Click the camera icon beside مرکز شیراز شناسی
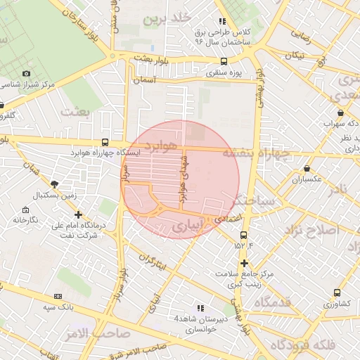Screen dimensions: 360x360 pos(27,73)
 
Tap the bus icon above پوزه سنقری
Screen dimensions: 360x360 pos(224,61)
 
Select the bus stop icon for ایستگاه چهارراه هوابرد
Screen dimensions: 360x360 pos(105,141)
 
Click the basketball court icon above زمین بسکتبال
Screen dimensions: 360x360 pos(55,184)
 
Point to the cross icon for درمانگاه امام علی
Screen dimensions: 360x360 pos(78,215)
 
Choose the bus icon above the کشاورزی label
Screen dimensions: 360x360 pos(337,293)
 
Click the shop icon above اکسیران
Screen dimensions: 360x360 pos(307,169)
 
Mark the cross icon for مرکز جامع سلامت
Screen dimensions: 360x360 pos(244,263)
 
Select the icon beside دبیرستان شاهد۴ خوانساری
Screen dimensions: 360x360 pos(200,308)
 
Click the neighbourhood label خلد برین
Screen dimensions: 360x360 pos(167,18)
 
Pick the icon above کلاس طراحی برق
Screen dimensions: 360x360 pos(223,21)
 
